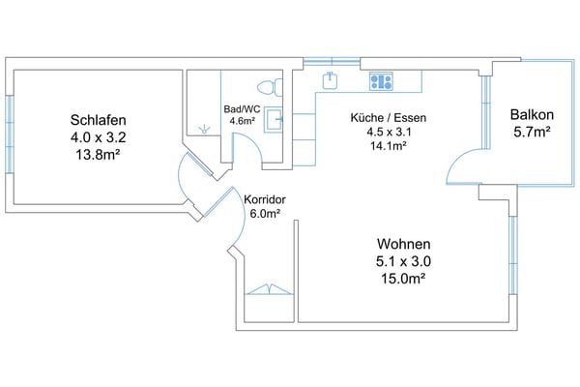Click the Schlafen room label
pos(98,120)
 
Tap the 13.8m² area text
pos(98,155)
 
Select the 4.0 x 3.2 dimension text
pos(98,137)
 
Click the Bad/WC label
pos(242,109)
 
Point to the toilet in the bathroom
pos(270,88)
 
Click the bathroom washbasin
pos(273,119)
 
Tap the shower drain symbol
pos(204,130)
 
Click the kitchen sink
pos(330,80)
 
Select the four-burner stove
pos(381,81)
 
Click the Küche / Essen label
pos(389,118)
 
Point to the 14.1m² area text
pos(389,145)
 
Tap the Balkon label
pos(532,115)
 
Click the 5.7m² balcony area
pos(532,132)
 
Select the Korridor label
pos(265,199)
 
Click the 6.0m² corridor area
pos(265,214)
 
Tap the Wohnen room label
pos(403,244)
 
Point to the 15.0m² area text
pos(403,278)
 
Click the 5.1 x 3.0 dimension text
pos(403,261)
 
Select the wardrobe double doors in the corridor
pos(270,289)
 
